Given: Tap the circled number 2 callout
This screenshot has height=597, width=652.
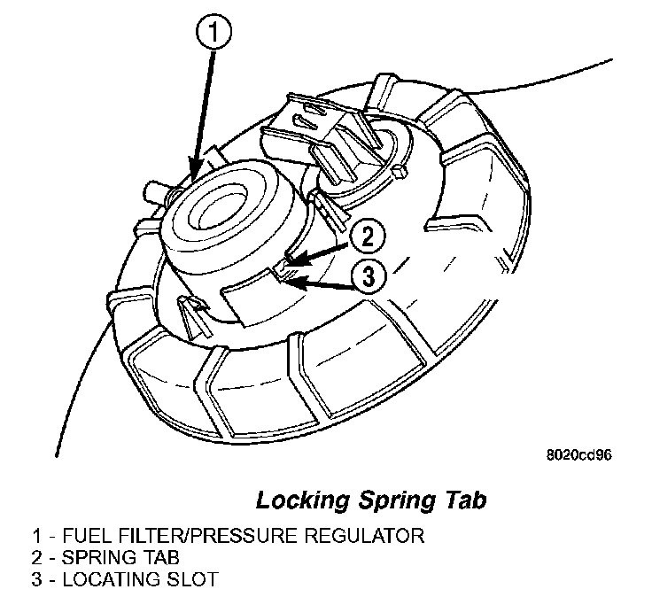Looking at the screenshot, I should [369, 236].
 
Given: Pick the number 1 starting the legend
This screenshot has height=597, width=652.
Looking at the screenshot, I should [35, 536].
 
